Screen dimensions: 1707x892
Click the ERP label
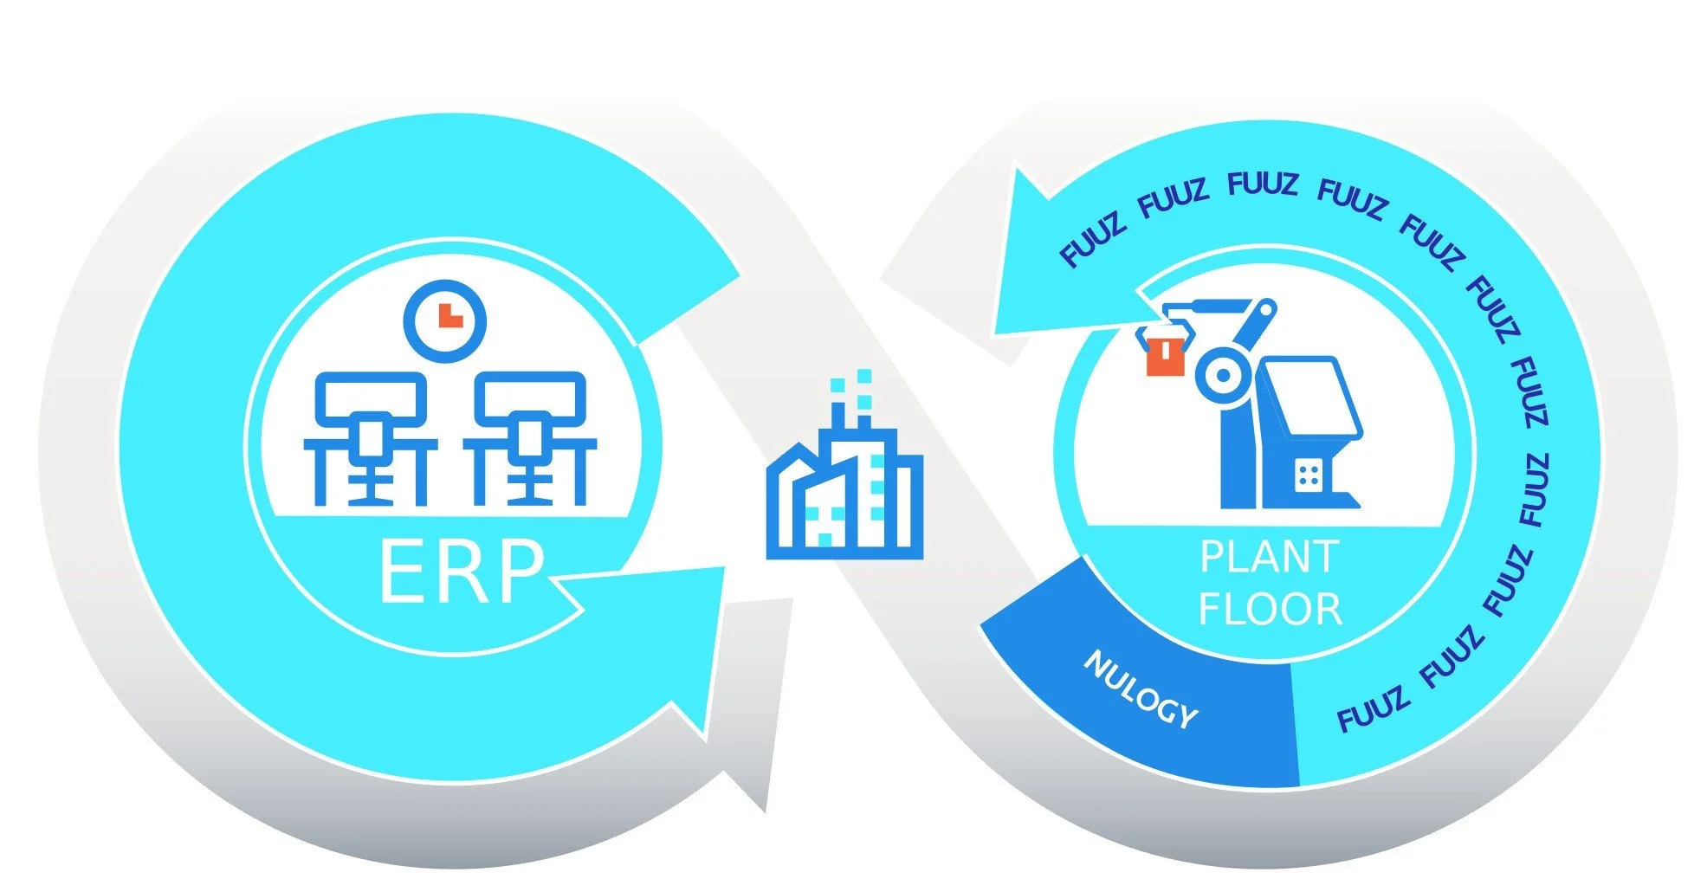pos(462,572)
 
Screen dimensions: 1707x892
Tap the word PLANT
pos(1269,557)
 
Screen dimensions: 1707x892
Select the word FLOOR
pos(1270,609)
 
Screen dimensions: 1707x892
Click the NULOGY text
pos(1141,689)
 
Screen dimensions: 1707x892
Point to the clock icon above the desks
pos(445,320)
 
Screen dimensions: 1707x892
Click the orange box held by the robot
pos(1165,354)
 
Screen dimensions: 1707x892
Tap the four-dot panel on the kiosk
pos(1307,474)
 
